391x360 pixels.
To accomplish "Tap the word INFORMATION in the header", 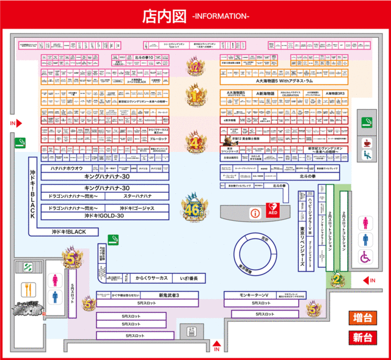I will (x=221, y=16).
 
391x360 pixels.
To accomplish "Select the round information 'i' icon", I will (x=255, y=213).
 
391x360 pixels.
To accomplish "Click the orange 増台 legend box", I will (x=363, y=318).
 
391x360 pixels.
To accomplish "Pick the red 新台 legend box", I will (x=363, y=337).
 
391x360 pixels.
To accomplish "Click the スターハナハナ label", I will (x=138, y=196).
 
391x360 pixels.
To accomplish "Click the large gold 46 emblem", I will (x=194, y=206).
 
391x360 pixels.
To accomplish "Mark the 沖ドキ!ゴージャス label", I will (x=137, y=208).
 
